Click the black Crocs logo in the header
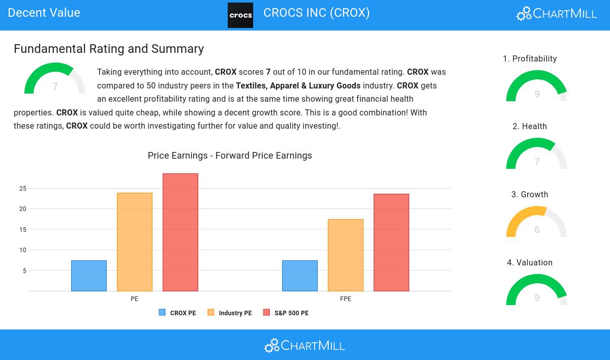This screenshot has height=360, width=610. tap(240, 15)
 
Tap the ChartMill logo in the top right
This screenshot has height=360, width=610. tap(557, 14)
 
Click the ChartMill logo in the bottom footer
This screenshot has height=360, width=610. tap(304, 345)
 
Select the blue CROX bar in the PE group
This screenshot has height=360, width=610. tap(89, 276)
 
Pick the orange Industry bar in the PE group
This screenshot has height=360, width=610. tap(135, 242)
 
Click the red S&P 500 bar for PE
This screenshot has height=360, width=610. tap(180, 232)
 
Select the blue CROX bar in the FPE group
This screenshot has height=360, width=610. tap(300, 276)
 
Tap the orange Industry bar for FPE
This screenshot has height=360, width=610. tap(346, 255)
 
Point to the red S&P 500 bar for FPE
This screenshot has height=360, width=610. tap(391, 243)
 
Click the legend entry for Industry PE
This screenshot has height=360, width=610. tap(230, 313)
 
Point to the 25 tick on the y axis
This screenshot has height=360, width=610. tap(23, 189)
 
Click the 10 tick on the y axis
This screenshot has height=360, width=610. tap(23, 250)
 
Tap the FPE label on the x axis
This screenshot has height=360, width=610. tap(346, 299)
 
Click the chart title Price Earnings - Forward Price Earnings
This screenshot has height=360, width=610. tap(230, 156)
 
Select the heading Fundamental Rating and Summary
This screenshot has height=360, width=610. tap(109, 49)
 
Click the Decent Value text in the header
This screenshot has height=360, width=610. tap(44, 13)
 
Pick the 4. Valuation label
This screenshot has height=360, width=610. tap(530, 263)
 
